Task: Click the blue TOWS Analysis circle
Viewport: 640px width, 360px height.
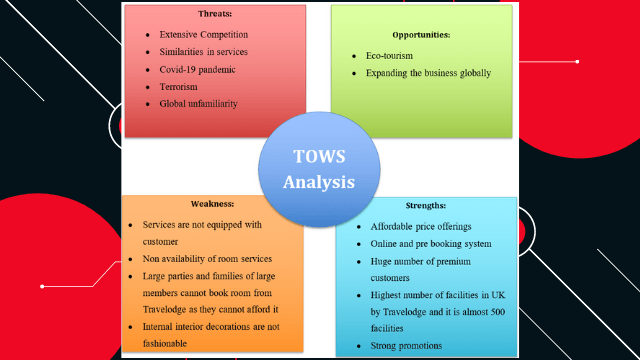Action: (x=319, y=169)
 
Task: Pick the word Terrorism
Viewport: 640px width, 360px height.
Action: (x=183, y=87)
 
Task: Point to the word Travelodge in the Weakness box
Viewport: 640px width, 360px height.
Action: (x=172, y=309)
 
